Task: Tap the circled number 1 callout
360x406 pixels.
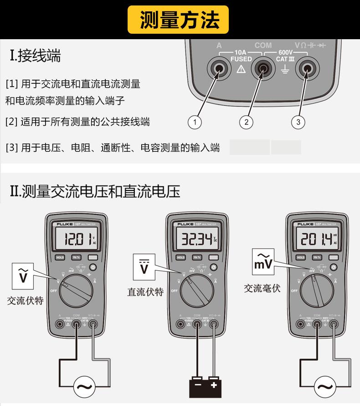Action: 195,122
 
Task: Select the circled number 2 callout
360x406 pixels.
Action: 246,122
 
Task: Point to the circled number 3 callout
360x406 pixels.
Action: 298,122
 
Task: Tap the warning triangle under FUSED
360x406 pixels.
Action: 241,69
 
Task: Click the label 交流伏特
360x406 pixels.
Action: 25,301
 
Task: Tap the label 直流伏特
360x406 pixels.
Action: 145,292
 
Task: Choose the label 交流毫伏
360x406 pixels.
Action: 262,288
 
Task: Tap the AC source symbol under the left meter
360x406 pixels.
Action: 84,387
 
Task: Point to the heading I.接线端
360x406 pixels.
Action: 35,57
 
